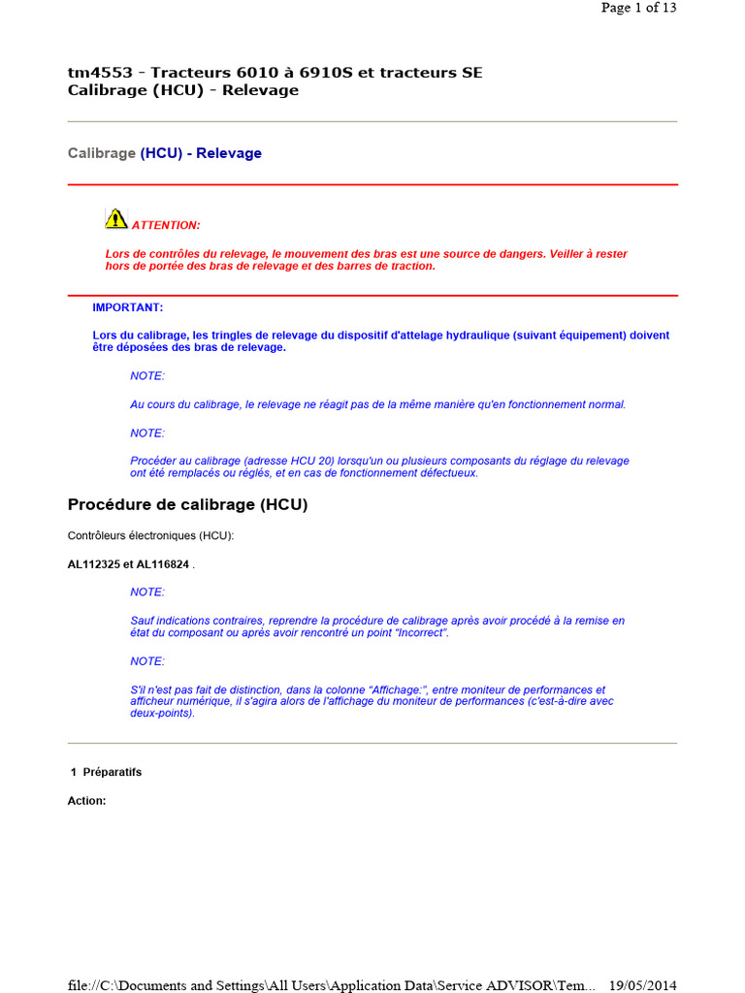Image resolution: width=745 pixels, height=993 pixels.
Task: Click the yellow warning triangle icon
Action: tap(116, 218)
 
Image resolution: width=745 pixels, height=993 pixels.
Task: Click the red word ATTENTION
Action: tap(166, 225)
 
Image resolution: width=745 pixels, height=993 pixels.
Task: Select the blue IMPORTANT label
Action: tap(128, 307)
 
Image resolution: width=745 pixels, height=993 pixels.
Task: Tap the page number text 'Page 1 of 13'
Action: tap(638, 8)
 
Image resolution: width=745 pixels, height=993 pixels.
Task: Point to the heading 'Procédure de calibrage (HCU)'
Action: tap(187, 504)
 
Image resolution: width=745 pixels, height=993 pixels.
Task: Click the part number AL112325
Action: tap(93, 564)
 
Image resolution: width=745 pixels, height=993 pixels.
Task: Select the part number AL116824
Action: tap(163, 564)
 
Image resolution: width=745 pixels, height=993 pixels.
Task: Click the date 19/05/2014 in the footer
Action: tap(642, 985)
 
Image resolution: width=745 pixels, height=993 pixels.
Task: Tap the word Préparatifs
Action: tap(113, 772)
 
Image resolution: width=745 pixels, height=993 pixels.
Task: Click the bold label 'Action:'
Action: tap(86, 801)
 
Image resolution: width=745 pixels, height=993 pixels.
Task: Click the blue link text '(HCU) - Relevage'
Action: tap(201, 153)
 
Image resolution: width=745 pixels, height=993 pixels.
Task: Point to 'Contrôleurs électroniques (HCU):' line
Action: tap(150, 535)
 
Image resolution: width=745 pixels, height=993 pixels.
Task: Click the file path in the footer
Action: tap(331, 985)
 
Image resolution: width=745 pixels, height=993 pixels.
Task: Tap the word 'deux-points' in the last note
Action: tap(161, 713)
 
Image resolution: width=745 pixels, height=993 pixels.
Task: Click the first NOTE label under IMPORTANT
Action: tap(147, 375)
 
